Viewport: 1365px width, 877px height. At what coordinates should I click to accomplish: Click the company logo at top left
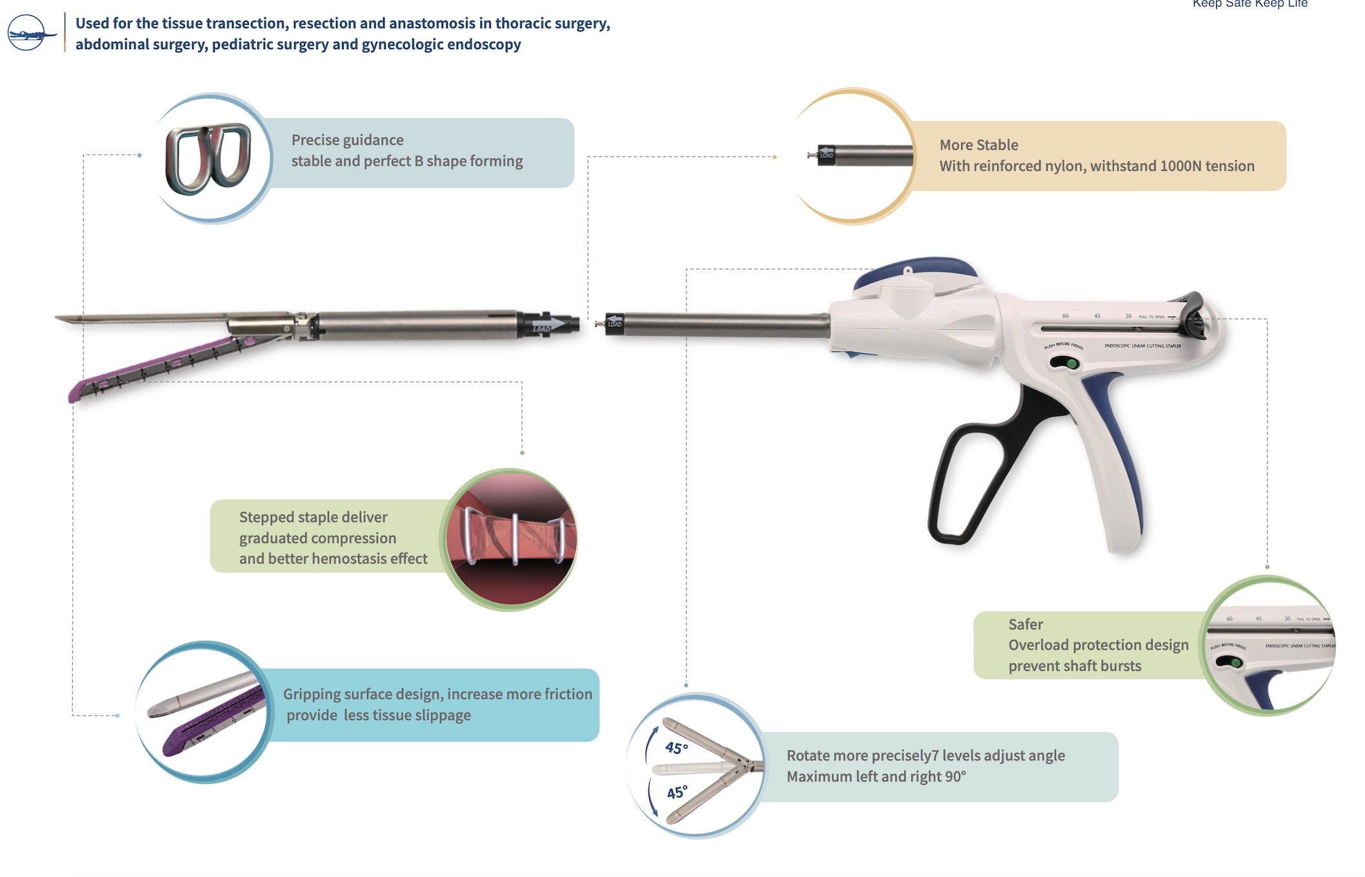pos(30,32)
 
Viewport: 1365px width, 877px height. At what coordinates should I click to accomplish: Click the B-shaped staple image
pos(208,158)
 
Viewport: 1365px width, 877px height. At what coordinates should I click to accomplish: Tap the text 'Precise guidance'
pos(347,140)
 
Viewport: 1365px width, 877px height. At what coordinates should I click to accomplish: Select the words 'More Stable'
pos(978,145)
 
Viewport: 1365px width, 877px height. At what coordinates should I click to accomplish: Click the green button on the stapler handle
pos(1071,364)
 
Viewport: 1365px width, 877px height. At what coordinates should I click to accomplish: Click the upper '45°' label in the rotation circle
pos(676,748)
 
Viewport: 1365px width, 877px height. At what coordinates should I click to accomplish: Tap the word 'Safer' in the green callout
pos(1025,624)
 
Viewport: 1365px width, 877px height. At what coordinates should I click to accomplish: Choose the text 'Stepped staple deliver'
pos(313,517)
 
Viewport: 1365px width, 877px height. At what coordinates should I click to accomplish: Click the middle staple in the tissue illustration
pos(515,538)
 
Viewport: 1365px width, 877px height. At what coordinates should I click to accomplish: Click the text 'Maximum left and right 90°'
pos(875,776)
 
